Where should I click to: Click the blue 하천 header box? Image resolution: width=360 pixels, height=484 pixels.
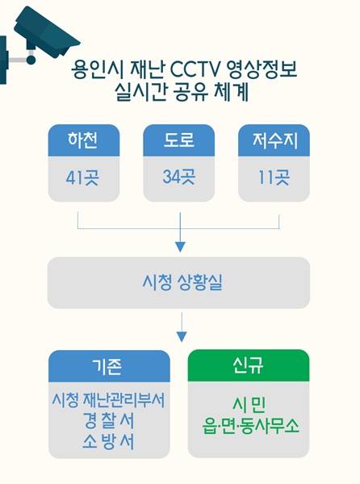pos(84,140)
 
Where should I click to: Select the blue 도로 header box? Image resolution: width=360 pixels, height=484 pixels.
pos(178,140)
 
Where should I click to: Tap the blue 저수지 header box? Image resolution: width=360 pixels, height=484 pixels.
pos(274,140)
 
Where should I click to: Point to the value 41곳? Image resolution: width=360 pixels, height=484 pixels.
pos(82,177)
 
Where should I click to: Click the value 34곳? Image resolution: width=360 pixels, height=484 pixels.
pos(178,177)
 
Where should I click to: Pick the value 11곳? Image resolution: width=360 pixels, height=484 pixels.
pos(274,177)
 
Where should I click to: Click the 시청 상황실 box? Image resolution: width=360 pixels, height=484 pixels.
pos(178,283)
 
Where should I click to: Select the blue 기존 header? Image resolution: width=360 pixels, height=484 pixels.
pos(109,366)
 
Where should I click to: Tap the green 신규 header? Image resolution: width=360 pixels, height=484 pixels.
pos(249,365)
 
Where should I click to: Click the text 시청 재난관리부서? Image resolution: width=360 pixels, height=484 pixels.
pos(109,400)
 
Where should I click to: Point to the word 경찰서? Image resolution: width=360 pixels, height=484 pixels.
pos(109,420)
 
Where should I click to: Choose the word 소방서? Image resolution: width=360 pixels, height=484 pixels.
pos(109,441)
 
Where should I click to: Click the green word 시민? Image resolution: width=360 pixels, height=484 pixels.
pos(249,405)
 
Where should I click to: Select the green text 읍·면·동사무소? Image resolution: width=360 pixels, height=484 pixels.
pos(251,426)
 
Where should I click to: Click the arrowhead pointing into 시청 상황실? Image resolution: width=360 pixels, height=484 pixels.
pos(180,247)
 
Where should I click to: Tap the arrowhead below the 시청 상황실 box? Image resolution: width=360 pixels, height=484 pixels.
pos(182,336)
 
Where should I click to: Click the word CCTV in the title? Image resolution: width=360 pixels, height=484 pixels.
pos(195,70)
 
